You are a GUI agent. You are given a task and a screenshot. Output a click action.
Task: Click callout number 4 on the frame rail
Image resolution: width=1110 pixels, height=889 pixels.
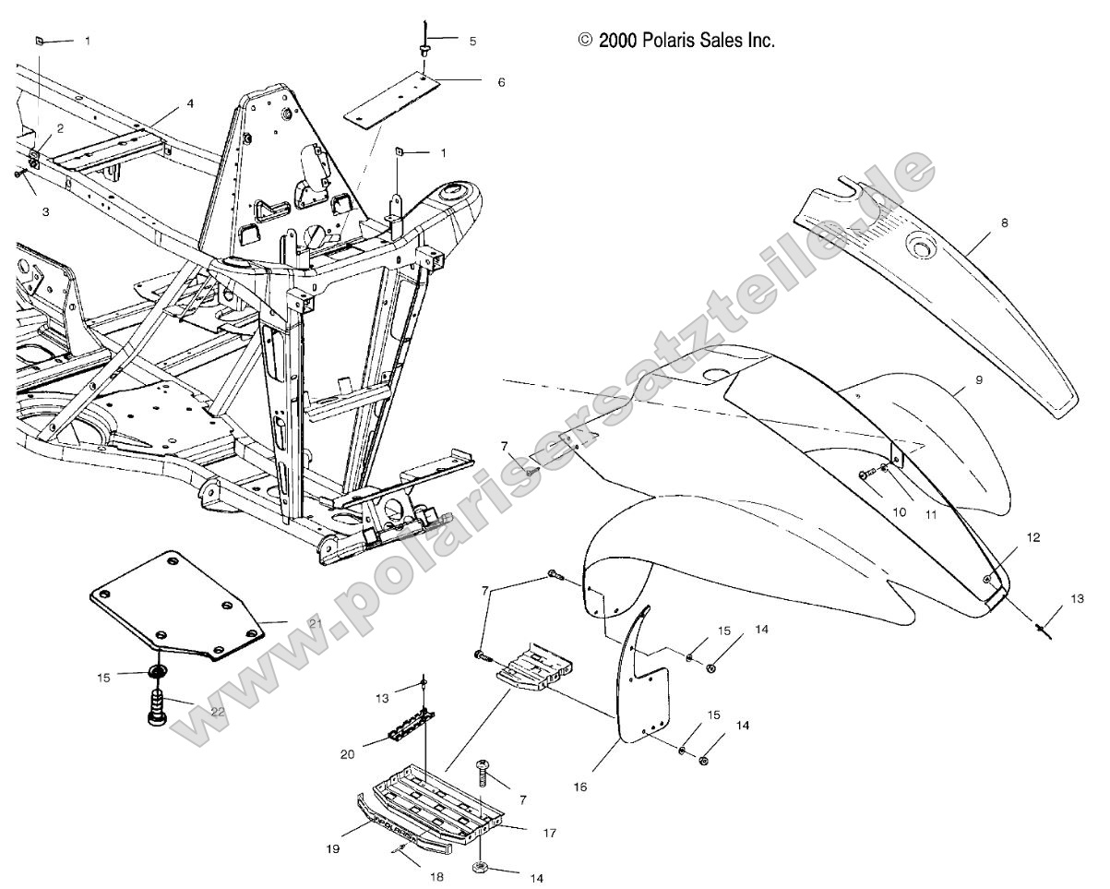[190, 104]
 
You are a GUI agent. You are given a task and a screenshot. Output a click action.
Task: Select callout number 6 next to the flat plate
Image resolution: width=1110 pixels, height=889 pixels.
[501, 81]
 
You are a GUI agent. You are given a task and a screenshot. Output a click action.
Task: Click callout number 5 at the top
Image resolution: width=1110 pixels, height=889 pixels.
[472, 42]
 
